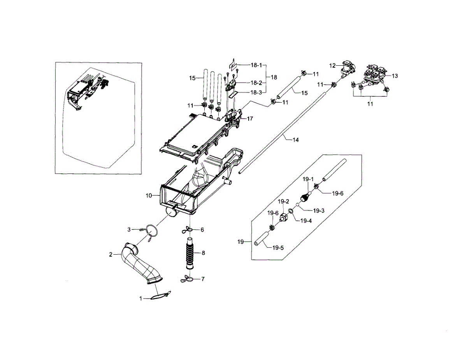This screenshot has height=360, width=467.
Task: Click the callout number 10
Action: tap(149, 196)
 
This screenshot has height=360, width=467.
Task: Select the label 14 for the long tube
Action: tap(295, 140)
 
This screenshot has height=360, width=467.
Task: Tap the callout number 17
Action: tap(249, 119)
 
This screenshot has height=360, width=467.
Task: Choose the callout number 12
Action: tap(332, 66)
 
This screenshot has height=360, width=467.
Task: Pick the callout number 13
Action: tap(395, 76)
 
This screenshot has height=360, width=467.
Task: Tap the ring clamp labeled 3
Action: tap(152, 231)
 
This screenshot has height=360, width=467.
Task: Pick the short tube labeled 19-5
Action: tap(263, 238)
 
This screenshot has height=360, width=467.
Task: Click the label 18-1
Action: tap(256, 65)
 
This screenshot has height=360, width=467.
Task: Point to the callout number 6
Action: tap(202, 230)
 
